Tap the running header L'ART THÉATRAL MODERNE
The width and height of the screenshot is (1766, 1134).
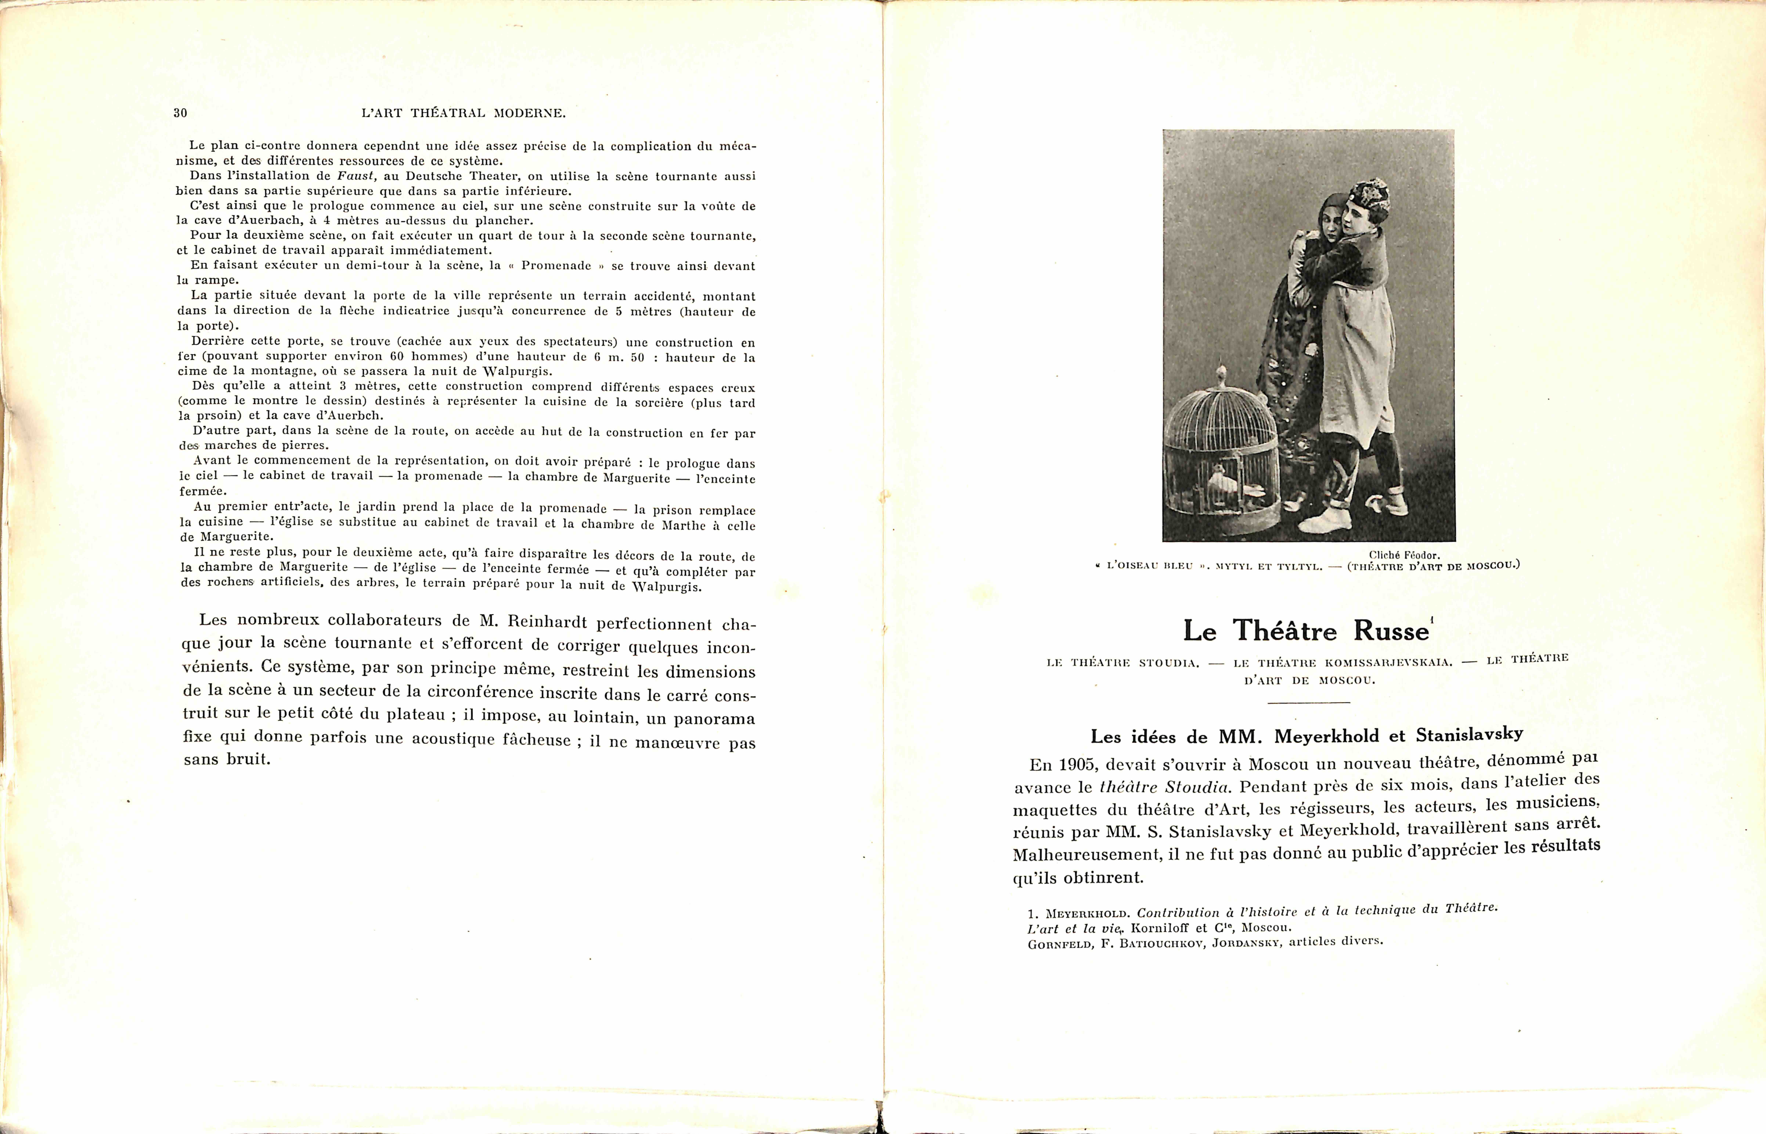(463, 113)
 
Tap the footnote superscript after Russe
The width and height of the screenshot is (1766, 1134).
(1431, 620)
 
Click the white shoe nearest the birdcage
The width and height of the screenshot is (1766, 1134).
(1326, 521)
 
